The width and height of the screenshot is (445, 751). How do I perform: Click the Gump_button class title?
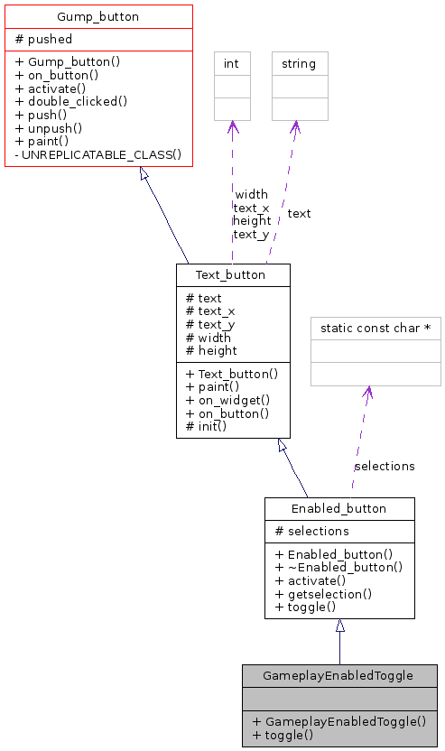click(98, 17)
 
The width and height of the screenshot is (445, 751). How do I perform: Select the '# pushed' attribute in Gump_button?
click(44, 40)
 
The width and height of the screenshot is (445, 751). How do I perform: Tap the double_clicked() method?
click(71, 102)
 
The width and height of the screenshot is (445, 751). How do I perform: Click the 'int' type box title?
click(231, 64)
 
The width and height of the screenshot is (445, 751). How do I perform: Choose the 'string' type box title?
click(299, 64)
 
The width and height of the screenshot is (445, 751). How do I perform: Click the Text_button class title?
click(233, 275)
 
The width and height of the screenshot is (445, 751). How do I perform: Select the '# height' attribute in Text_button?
click(211, 350)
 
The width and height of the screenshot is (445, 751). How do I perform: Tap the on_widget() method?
click(227, 400)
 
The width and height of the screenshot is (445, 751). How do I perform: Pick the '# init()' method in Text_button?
click(206, 425)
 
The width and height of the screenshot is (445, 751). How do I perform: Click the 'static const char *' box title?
click(375, 329)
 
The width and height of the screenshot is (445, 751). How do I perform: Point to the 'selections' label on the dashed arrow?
click(385, 466)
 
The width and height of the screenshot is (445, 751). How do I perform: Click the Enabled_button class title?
click(338, 509)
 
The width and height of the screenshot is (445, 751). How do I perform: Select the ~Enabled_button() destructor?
click(338, 567)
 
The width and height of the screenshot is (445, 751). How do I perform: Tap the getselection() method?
click(323, 593)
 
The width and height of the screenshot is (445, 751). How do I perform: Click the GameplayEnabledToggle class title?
click(338, 676)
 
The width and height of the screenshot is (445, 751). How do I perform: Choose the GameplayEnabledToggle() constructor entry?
click(338, 721)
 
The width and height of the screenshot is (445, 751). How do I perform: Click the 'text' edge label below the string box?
click(299, 214)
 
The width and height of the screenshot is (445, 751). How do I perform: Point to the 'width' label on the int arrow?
click(251, 194)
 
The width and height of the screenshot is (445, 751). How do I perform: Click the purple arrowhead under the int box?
click(232, 127)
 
